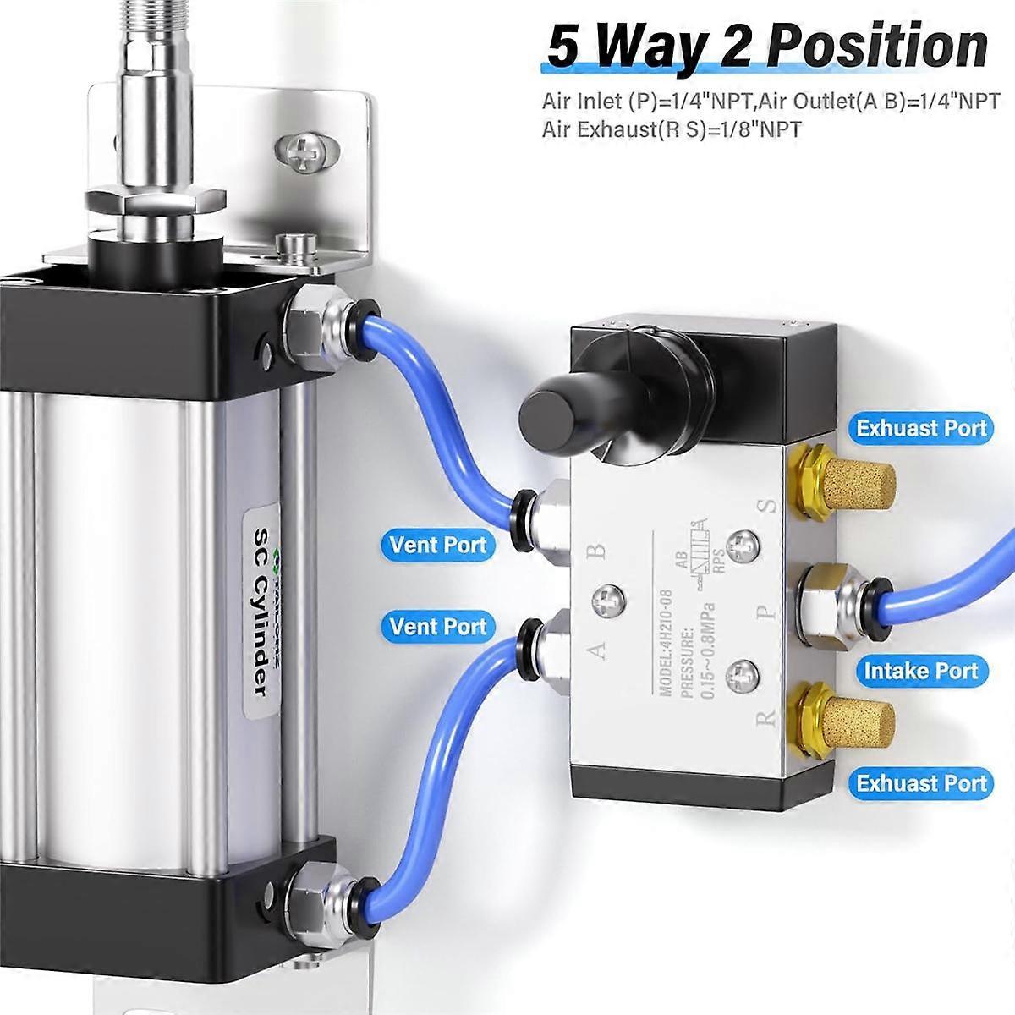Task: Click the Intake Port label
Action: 920,671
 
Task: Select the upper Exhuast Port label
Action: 921,427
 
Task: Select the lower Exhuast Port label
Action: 921,783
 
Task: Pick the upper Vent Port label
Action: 438,544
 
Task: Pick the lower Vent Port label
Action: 438,626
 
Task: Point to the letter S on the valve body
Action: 768,507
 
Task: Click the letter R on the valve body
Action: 766,718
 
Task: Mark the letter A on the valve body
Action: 597,650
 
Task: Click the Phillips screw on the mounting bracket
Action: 302,152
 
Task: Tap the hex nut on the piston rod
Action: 156,200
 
